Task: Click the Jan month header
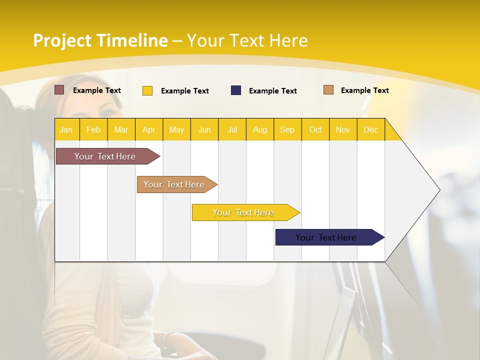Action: [x=66, y=129]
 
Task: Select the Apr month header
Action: [x=149, y=129]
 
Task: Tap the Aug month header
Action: [x=260, y=129]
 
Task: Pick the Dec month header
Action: [x=371, y=129]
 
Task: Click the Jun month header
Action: [x=204, y=129]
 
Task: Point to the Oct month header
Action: [x=315, y=129]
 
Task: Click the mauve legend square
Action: [x=59, y=90]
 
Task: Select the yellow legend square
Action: [x=147, y=90]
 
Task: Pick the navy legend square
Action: [x=236, y=90]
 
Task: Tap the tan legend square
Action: [x=328, y=90]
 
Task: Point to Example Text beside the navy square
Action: [x=273, y=91]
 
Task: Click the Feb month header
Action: [x=93, y=129]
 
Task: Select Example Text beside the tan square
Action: [x=365, y=90]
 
